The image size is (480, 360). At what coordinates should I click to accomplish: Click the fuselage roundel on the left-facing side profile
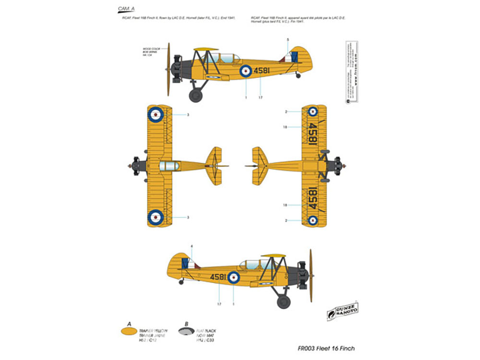coord(246,71)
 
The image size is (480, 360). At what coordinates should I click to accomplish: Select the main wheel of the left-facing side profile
coord(195,95)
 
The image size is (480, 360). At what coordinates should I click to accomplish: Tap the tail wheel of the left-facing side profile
coord(298,75)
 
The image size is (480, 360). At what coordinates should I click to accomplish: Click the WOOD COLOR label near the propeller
coord(150,49)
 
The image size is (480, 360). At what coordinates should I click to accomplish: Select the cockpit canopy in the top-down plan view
coord(168,166)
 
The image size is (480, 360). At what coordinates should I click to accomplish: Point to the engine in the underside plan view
coord(335,166)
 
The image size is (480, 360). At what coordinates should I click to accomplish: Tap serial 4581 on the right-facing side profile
coord(217,277)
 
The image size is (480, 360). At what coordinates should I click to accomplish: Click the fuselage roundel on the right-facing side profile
coord(234,277)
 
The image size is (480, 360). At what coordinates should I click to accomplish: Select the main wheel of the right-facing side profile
coord(284,302)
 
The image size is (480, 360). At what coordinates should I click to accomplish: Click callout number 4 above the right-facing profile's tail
coord(192,246)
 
